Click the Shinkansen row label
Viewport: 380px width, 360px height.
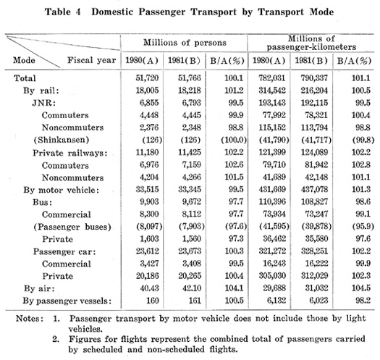tap(62, 140)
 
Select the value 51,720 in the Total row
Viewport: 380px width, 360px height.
tap(147, 78)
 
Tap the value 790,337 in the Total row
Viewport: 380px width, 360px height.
tap(314, 78)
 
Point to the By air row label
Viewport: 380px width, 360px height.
tap(39, 288)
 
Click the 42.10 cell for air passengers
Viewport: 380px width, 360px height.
tap(192, 288)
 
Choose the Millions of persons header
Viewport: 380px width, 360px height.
tap(185, 43)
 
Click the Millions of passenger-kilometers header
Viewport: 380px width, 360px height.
tap(311, 43)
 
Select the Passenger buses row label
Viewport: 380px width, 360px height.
tap(72, 227)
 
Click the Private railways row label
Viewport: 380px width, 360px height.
tap(70, 153)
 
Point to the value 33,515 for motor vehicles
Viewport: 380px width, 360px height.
tap(147, 189)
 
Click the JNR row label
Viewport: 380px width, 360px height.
tap(44, 103)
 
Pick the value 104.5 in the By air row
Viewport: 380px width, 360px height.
tap(361, 288)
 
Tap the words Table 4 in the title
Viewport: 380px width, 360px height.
tap(62, 12)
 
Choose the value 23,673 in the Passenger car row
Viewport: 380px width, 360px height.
tap(190, 251)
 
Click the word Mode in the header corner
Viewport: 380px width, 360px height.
tap(24, 60)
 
